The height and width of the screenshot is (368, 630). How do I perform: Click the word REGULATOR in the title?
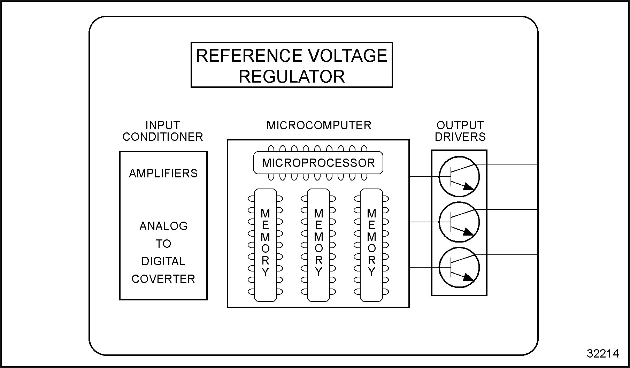click(x=292, y=76)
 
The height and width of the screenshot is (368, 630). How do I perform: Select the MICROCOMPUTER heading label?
click(x=319, y=125)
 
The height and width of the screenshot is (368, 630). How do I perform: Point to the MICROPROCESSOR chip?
click(x=318, y=163)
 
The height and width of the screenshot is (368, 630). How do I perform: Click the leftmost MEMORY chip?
click(x=266, y=245)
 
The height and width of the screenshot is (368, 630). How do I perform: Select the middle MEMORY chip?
click(x=318, y=245)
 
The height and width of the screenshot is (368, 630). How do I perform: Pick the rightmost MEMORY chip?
click(x=371, y=245)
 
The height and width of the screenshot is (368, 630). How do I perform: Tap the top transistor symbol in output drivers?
click(x=459, y=177)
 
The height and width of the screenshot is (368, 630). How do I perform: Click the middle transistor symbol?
click(x=459, y=222)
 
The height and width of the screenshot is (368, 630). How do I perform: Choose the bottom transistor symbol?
click(x=459, y=267)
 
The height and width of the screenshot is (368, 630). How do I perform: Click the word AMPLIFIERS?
click(x=163, y=174)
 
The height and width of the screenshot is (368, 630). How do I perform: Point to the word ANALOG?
click(x=163, y=226)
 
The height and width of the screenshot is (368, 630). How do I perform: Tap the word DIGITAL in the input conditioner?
click(x=163, y=261)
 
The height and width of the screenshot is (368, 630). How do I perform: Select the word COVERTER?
click(x=163, y=279)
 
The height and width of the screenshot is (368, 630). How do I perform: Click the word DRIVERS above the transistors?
click(x=460, y=137)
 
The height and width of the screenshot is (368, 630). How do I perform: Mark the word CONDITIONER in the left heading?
click(x=163, y=137)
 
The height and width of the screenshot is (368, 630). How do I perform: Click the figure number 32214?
click(x=603, y=354)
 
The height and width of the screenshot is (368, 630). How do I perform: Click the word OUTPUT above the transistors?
click(x=460, y=125)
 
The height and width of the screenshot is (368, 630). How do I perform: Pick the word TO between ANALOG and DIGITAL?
click(x=163, y=244)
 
